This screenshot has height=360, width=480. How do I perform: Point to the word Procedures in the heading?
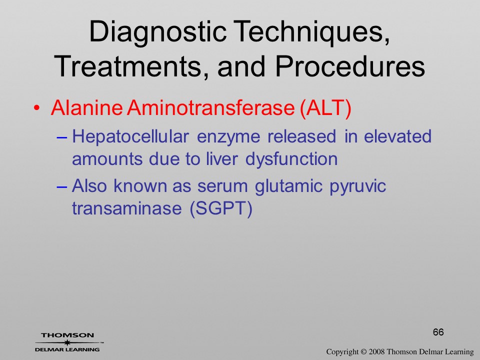coord(350,66)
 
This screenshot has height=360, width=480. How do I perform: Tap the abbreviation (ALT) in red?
coord(325,108)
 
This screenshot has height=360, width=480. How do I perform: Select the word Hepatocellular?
coord(130,137)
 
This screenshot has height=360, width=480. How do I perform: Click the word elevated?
coord(397,136)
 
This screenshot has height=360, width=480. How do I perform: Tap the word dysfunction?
coord(291,159)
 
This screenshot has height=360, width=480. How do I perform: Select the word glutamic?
coord(288,186)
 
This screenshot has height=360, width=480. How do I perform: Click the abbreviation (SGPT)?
coord(221,209)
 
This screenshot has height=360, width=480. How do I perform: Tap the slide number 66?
coord(438,332)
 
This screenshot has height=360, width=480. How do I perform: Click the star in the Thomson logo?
coord(67,342)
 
